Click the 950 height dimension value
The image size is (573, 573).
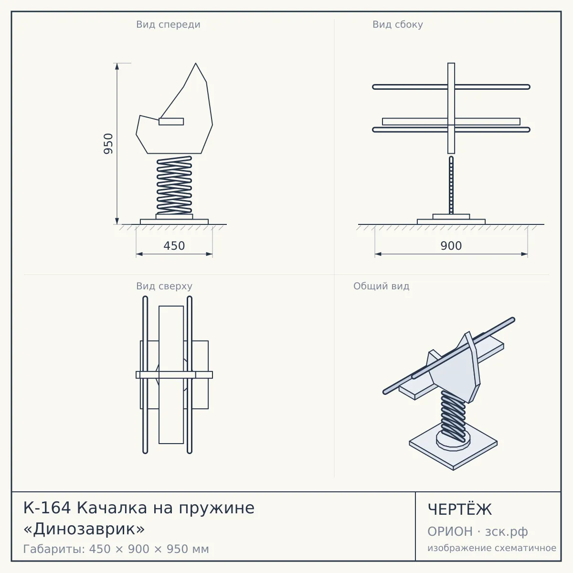tap(108, 144)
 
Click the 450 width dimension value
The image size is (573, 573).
tap(174, 246)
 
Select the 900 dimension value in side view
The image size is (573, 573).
tap(451, 246)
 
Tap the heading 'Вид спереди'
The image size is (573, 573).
tap(168, 24)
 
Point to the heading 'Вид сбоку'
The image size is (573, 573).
tap(398, 24)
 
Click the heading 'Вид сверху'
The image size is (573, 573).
tap(164, 286)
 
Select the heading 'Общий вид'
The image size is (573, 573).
tap(381, 286)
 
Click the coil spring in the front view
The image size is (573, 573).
tap(174, 185)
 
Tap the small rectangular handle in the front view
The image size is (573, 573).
tap(171, 122)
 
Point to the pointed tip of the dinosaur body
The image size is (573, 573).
tap(196, 63)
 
